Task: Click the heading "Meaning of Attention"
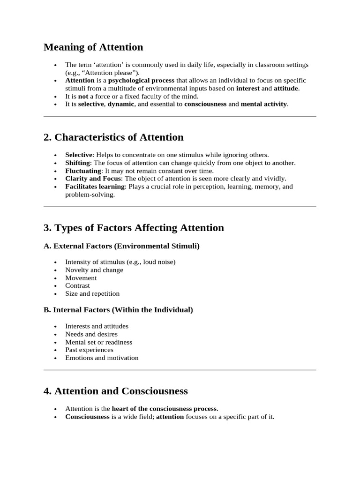point(93,47)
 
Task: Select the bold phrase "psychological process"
point(141,81)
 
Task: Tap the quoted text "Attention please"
point(101,73)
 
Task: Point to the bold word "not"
point(82,96)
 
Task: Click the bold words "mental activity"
point(263,104)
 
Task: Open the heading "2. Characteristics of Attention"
point(113,137)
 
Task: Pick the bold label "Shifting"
point(77,163)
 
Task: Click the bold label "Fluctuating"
point(83,171)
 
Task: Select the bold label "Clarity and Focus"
point(93,179)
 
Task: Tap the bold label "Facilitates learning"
point(95,187)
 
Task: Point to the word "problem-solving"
point(89,195)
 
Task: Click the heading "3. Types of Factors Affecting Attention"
point(134,228)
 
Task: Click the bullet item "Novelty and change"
point(94,270)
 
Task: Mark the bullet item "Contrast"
point(78,285)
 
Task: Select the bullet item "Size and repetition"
point(92,293)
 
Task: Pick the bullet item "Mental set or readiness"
point(98,342)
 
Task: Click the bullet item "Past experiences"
point(89,350)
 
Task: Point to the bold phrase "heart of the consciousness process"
point(164,409)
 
